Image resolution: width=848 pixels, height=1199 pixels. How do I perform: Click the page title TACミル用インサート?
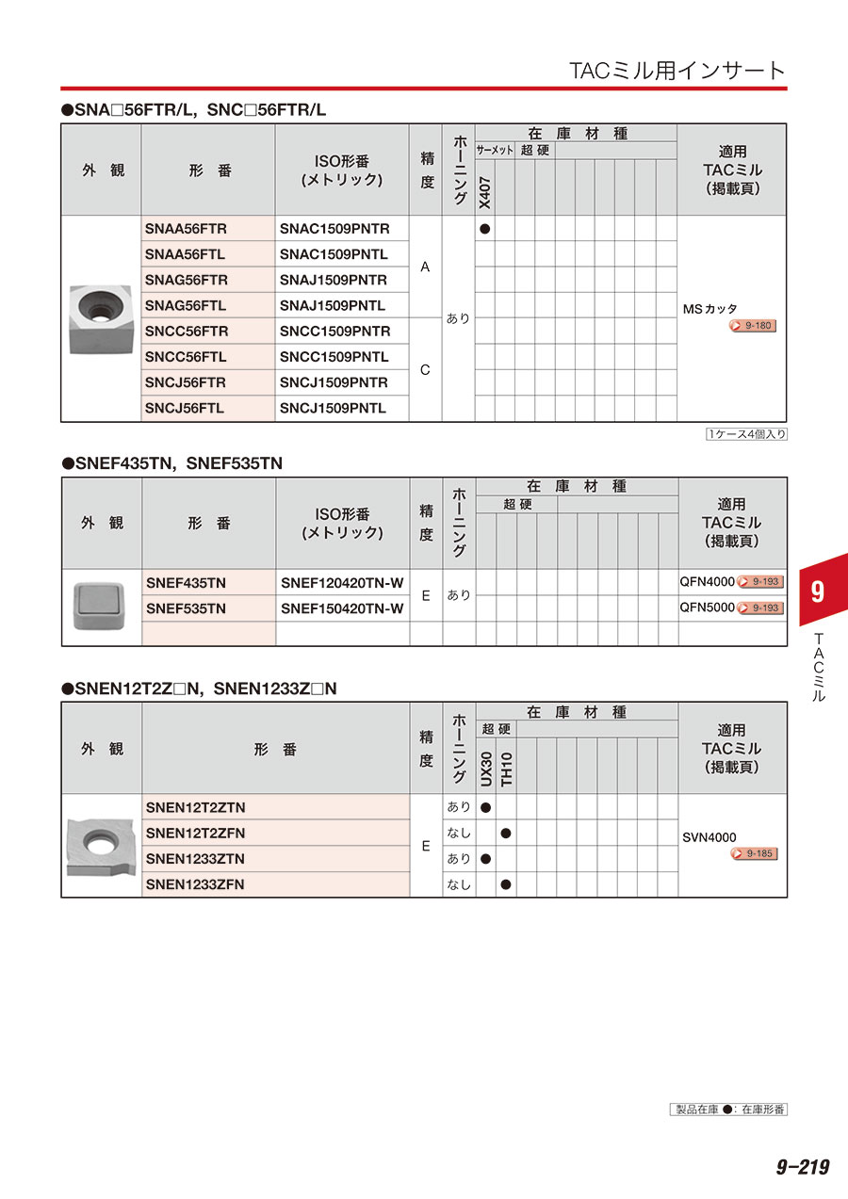click(677, 71)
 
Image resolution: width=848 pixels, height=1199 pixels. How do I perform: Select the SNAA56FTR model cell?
click(187, 229)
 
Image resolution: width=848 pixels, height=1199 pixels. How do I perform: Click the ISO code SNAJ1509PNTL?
click(333, 305)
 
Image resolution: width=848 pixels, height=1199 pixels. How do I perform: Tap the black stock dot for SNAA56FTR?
click(485, 229)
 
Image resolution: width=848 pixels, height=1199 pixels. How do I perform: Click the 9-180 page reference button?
click(753, 326)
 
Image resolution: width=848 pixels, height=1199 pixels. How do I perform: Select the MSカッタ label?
click(710, 309)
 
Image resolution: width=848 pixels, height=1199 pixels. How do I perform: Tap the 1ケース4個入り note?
click(746, 434)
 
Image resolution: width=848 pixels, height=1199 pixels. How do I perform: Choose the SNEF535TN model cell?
click(187, 608)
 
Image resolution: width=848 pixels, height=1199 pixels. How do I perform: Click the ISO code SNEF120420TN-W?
click(342, 583)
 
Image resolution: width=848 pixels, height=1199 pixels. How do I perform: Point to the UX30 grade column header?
click(486, 769)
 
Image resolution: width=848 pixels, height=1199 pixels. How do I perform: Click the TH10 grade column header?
click(506, 769)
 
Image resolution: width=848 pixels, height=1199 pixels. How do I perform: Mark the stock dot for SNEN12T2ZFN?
click(506, 833)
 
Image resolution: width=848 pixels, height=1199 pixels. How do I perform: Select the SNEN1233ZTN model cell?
click(196, 858)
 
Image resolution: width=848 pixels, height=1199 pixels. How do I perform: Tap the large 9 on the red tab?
click(817, 592)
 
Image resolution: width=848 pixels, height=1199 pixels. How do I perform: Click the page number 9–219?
click(802, 1167)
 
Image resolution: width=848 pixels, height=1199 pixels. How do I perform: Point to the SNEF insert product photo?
click(101, 606)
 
